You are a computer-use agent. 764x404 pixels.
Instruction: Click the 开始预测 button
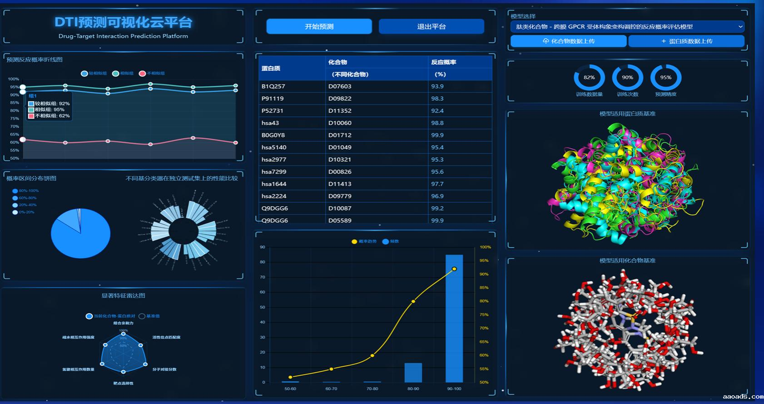click(319, 26)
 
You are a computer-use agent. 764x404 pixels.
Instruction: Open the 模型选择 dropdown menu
click(627, 27)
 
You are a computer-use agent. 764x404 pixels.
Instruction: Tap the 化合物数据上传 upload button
click(569, 41)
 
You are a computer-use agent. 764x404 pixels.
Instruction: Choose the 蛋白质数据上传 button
click(686, 41)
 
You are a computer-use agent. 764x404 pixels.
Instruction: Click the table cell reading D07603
click(340, 86)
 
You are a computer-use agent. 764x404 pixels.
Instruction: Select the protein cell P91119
click(273, 99)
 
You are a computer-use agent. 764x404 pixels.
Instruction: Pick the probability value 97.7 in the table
click(437, 184)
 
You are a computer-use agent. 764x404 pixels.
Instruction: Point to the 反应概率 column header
click(443, 62)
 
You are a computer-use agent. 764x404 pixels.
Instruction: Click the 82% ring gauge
click(589, 78)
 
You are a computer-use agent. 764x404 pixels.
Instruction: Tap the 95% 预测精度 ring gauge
click(665, 78)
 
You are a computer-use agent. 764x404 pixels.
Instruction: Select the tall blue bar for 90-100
click(454, 318)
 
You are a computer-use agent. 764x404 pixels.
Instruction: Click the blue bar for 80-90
click(413, 373)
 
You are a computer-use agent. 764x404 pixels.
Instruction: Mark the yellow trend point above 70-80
click(372, 355)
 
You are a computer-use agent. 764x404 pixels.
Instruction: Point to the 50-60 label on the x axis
click(290, 389)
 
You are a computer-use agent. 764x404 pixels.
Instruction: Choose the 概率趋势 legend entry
click(364, 242)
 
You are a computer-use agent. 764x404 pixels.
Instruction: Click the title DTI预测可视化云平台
click(123, 22)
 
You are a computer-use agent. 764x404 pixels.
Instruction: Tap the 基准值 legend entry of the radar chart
click(149, 316)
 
